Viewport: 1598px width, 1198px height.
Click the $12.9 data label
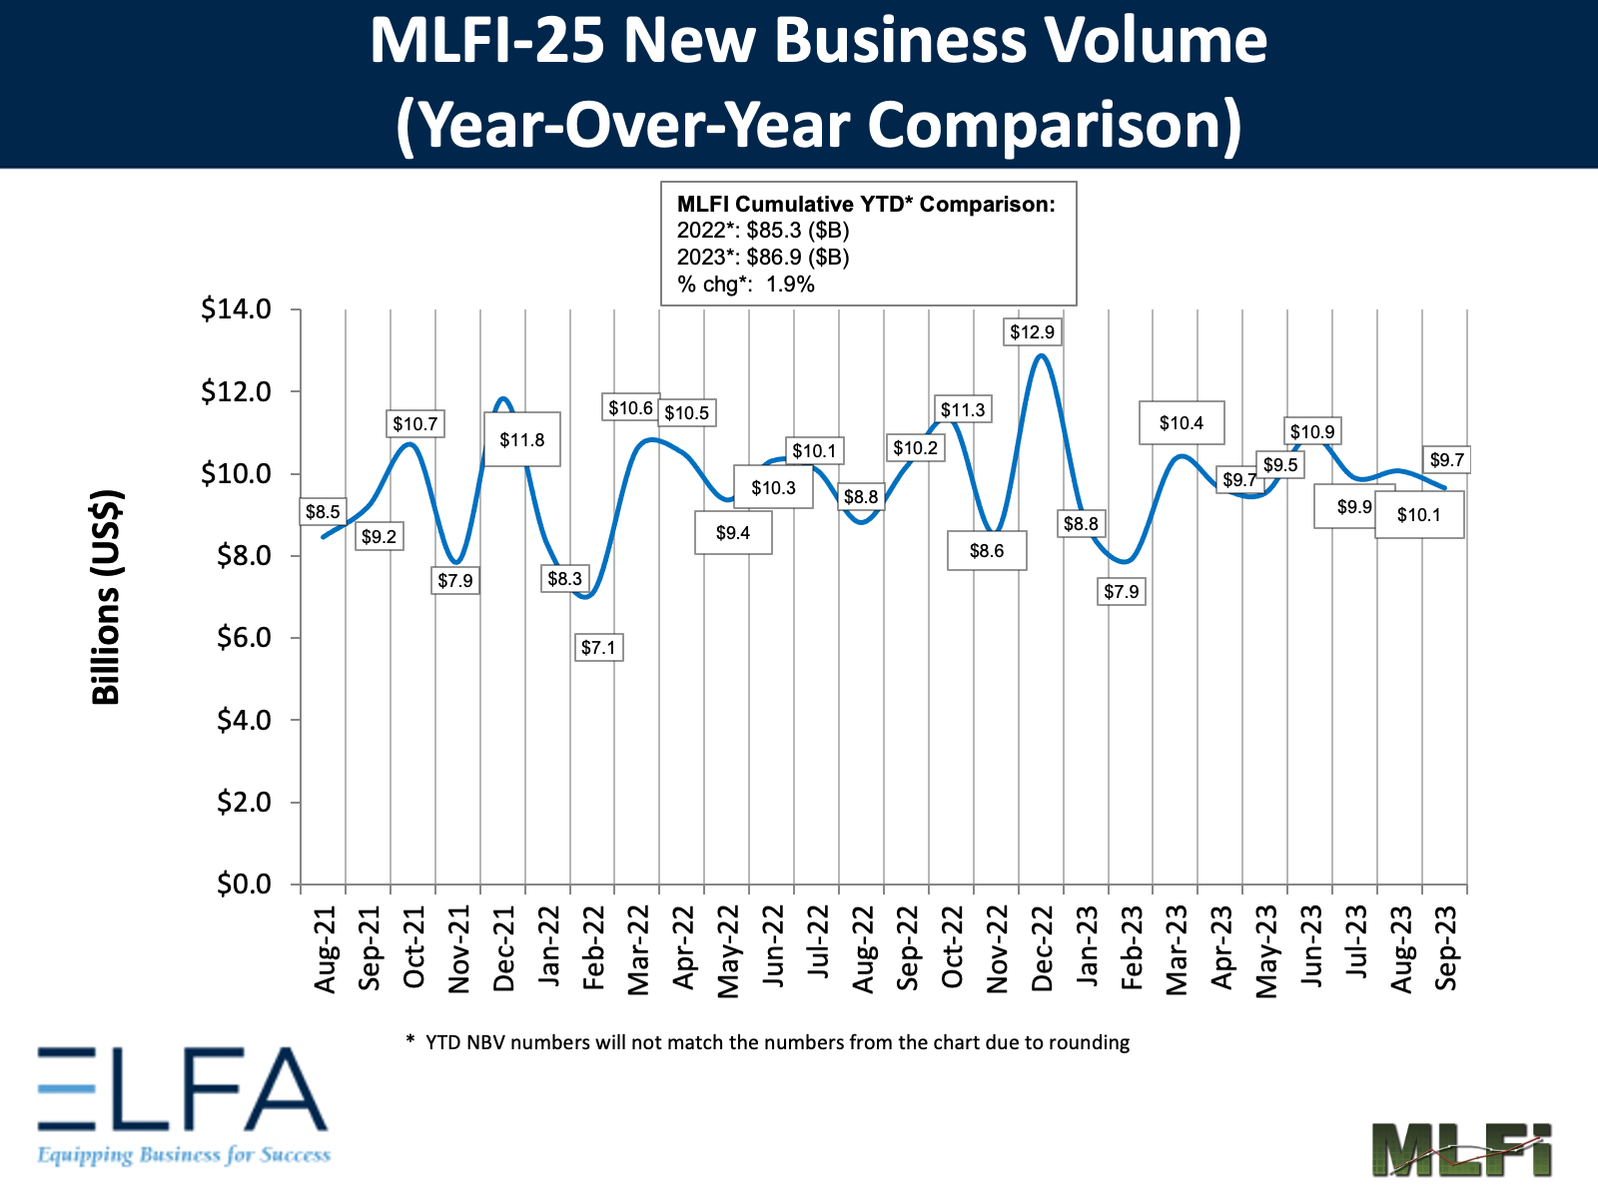[1032, 332]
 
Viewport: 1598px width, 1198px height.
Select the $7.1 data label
[598, 648]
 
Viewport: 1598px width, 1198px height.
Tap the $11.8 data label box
[521, 439]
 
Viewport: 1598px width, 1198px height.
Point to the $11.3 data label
[963, 409]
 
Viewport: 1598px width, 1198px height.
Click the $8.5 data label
[323, 512]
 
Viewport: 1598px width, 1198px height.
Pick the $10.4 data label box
[1181, 423]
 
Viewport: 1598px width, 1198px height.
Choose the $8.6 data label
[986, 551]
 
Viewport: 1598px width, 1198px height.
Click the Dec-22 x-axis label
[1042, 948]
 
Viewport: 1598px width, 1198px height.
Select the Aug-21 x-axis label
[325, 949]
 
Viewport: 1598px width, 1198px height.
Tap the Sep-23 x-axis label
[1446, 948]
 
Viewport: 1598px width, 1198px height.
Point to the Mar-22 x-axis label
[638, 949]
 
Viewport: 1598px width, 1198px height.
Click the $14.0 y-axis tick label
[237, 309]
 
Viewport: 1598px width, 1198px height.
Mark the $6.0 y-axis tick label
[244, 638]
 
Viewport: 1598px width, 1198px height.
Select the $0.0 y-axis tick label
[244, 885]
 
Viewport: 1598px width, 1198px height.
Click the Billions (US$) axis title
[106, 597]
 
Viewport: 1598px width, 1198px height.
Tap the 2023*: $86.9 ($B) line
[763, 258]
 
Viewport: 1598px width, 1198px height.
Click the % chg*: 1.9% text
[746, 285]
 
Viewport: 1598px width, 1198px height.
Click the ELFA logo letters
[183, 1089]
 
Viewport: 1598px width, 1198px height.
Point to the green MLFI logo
[1461, 1149]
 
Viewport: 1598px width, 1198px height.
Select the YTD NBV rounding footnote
[768, 1042]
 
